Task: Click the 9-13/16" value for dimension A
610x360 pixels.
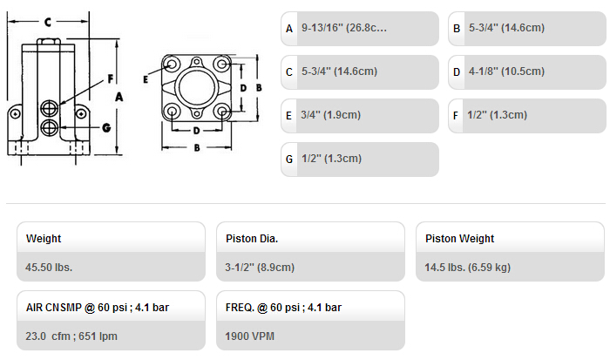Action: coord(344,28)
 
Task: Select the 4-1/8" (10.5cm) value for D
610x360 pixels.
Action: coord(506,71)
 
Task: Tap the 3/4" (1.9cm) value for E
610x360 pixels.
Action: coord(330,115)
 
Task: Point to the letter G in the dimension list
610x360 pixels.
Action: coord(289,160)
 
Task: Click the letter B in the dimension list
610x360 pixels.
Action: coord(457,29)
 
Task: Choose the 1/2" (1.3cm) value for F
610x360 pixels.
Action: coord(498,115)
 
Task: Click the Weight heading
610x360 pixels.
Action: coord(44,239)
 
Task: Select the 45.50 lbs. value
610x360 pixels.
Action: coord(49,268)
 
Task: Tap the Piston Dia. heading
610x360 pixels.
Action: coord(252,239)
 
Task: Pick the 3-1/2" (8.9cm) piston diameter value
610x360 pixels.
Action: coord(260,268)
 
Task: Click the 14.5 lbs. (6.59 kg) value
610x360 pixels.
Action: coord(468,268)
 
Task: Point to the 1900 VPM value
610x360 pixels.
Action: coord(250,336)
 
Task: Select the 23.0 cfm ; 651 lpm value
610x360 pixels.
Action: coord(71,336)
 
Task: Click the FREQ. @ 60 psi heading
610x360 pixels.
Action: coord(283,308)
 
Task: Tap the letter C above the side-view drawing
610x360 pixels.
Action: coord(48,22)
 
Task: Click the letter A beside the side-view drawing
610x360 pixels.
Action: coord(119,97)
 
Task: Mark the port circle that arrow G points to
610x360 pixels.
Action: coord(50,127)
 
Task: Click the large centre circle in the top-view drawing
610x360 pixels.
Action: coord(197,87)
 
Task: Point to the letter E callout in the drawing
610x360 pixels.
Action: coord(146,80)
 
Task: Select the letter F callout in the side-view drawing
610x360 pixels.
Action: coord(111,79)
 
